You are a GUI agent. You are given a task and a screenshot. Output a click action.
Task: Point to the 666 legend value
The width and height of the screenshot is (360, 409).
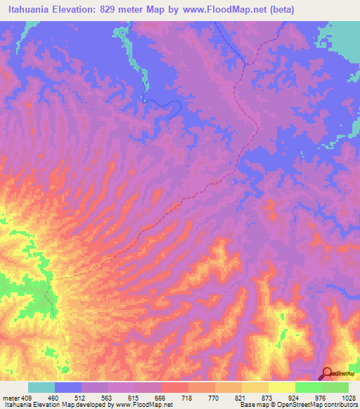pyautogui.click(x=161, y=398)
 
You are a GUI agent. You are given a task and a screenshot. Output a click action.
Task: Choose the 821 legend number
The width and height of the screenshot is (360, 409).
pyautogui.click(x=241, y=398)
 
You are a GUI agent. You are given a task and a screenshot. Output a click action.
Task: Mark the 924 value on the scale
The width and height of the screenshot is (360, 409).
pyautogui.click(x=295, y=398)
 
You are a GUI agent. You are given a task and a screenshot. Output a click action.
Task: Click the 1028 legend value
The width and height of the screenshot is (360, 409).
pyautogui.click(x=349, y=398)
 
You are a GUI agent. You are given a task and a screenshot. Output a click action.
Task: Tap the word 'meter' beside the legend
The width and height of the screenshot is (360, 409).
pyautogui.click(x=11, y=398)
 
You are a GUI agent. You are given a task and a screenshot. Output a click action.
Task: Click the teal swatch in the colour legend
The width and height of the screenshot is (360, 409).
pyautogui.click(x=41, y=387)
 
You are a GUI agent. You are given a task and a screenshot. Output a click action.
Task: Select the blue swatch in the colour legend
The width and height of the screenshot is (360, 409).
pyautogui.click(x=68, y=387)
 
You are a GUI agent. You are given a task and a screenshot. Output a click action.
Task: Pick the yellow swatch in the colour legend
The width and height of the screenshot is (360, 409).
pyautogui.click(x=282, y=387)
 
